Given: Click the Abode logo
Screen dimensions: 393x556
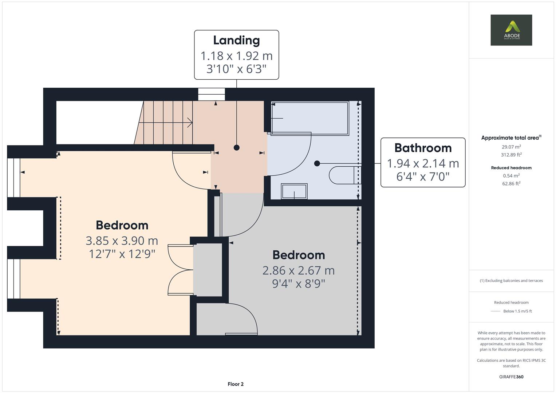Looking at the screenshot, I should pos(511,30).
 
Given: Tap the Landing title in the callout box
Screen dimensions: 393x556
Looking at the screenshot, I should pos(236,40).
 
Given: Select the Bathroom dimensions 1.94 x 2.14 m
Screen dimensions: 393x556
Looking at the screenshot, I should pos(423,163).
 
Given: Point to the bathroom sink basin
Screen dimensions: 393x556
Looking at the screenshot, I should pos(294,191).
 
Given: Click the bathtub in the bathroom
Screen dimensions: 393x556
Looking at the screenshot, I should pos(309,118).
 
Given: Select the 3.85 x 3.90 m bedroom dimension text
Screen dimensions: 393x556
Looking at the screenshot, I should pos(122,241).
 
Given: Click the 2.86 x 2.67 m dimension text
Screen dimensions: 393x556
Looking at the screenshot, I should pos(298,270).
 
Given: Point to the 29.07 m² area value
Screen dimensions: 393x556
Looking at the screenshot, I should pos(511,147).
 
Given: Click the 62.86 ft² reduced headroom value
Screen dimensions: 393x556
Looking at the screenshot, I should pos(511,183).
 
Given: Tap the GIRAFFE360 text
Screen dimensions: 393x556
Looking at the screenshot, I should pos(511,377).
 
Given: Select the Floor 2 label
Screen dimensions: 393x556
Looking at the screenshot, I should pos(236,384).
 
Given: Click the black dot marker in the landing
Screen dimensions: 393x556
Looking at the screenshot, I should pos(237,147).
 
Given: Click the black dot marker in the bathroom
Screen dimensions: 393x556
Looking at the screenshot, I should pos(317,163).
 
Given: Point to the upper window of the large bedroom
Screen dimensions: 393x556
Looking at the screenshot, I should pos(14,177).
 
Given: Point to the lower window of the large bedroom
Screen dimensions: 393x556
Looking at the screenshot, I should pos(14,278).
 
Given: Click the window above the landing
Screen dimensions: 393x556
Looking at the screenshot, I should pos(212,94).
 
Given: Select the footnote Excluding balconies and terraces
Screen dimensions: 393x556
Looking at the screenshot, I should pos(511,281).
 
